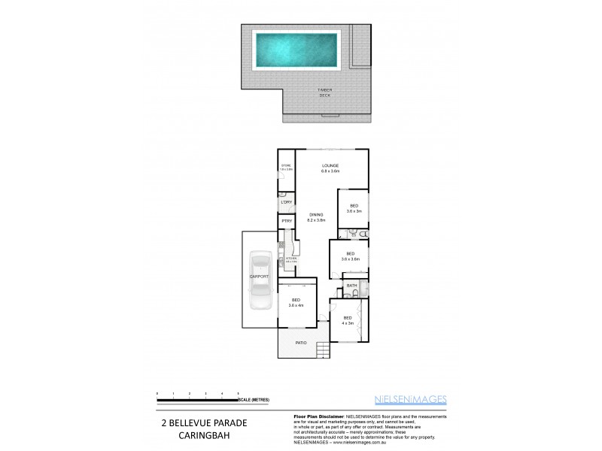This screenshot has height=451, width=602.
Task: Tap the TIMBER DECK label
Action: (324, 92)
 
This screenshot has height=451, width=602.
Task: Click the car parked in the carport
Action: (260, 285)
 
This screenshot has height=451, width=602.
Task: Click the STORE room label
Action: (286, 167)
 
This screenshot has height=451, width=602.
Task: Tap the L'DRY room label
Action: (286, 202)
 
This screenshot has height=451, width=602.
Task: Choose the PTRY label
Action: (286, 222)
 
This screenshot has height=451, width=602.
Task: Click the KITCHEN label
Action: (290, 260)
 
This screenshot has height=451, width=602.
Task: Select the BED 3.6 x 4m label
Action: (295, 303)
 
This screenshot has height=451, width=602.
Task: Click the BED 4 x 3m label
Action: (347, 319)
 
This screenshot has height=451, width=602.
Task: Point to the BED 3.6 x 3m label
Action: (354, 208)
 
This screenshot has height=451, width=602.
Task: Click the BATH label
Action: (351, 286)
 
